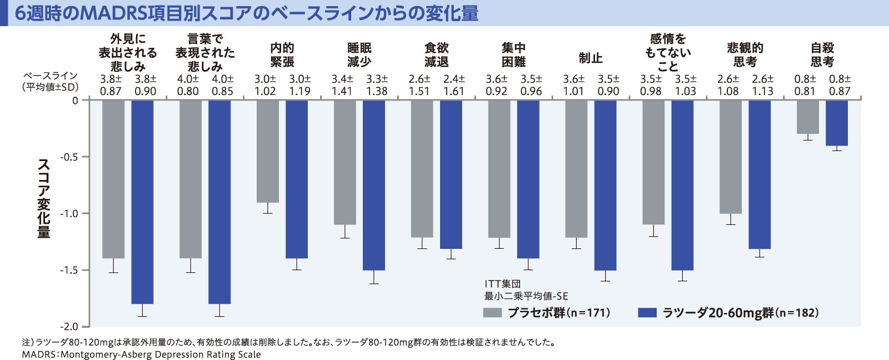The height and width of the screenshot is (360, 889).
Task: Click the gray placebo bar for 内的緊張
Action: [267, 151]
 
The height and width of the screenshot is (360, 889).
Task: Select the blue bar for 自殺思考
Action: [836, 123]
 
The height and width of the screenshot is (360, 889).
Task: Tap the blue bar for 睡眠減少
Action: [373, 185]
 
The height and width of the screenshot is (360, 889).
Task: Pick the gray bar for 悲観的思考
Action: [730, 157]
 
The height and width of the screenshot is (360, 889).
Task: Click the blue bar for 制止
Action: [605, 185]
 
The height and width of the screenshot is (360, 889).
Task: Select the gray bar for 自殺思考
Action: [807, 117]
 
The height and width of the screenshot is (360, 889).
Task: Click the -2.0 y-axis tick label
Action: [69, 327]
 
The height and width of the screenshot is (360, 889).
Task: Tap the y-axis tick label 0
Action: [76, 101]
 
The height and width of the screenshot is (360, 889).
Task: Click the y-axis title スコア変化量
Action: [44, 198]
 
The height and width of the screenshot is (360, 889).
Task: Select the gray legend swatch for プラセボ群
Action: [492, 313]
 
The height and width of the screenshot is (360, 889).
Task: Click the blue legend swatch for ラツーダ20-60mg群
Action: [647, 313]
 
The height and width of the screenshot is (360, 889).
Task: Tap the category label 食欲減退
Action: [436, 55]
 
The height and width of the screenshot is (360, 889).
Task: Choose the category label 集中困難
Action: [513, 55]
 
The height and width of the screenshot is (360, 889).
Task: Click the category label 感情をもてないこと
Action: [668, 52]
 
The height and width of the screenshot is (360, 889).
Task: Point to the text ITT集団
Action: [503, 284]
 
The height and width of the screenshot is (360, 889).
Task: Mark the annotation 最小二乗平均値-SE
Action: [526, 297]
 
